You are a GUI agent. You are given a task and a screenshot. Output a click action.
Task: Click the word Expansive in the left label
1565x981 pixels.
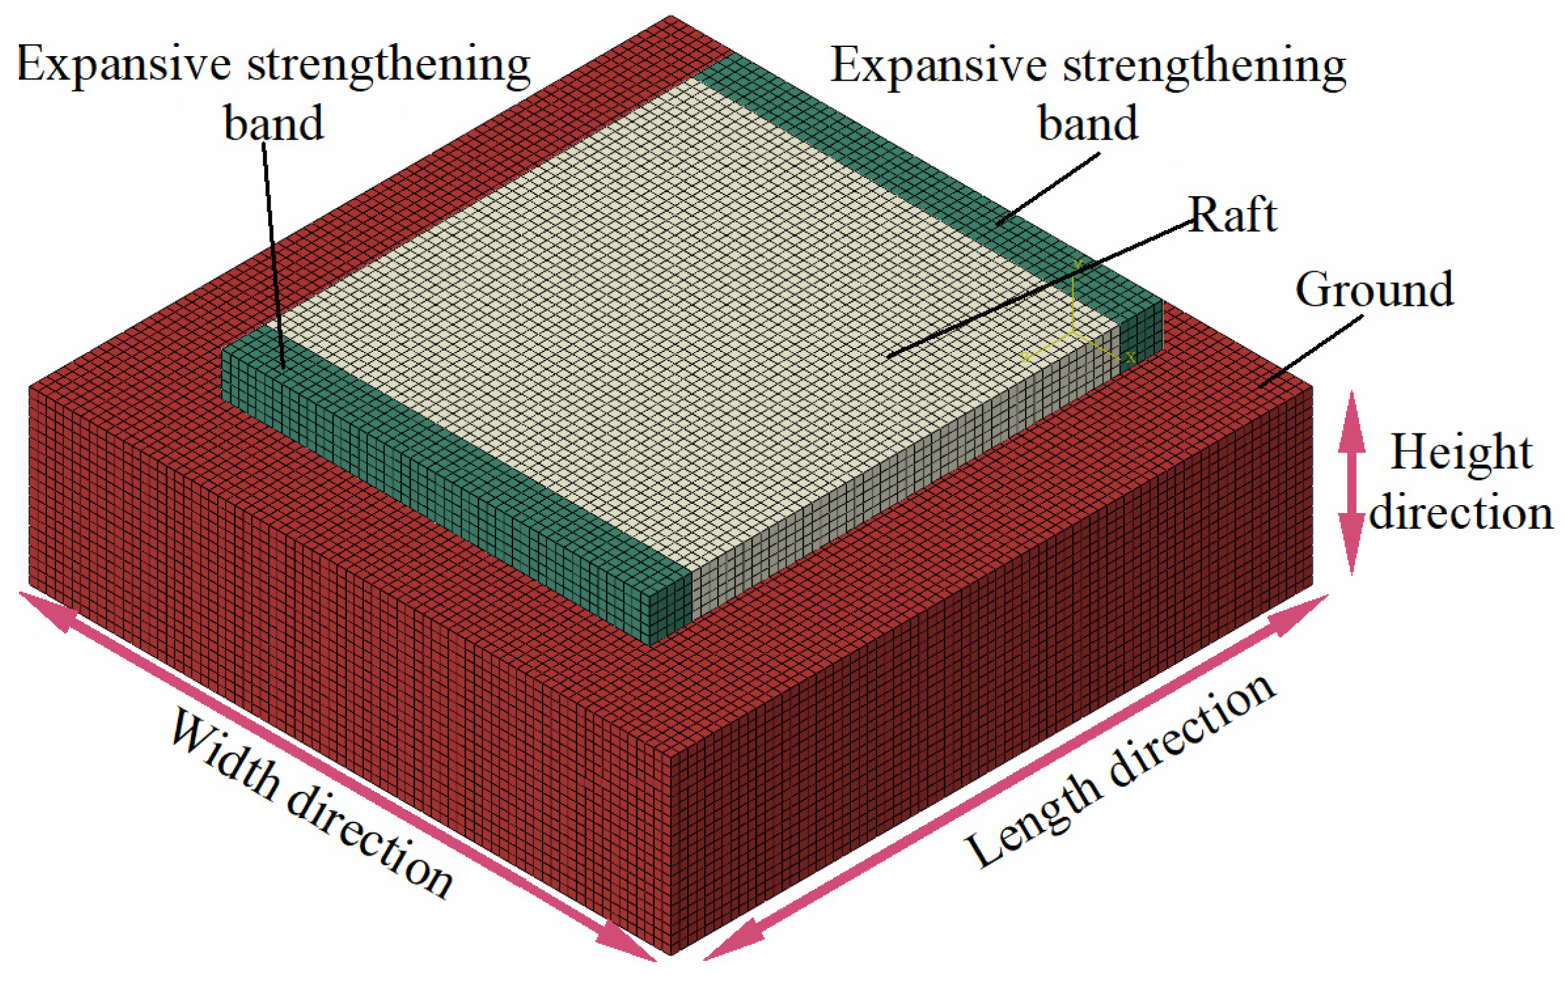click(124, 65)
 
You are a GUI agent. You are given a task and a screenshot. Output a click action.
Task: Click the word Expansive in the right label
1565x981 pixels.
click(938, 65)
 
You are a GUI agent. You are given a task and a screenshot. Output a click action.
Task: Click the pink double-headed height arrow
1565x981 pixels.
click(1352, 482)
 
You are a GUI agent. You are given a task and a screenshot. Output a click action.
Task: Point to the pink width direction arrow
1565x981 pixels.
click(339, 776)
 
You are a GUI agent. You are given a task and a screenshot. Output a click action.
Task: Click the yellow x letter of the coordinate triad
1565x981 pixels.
click(1130, 357)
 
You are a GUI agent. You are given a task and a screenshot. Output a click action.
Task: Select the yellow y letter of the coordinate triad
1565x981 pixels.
click(1078, 263)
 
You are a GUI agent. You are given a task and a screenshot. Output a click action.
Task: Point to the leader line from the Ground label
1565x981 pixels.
click(1311, 352)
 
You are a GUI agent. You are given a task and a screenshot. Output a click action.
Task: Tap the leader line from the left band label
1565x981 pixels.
click(273, 254)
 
